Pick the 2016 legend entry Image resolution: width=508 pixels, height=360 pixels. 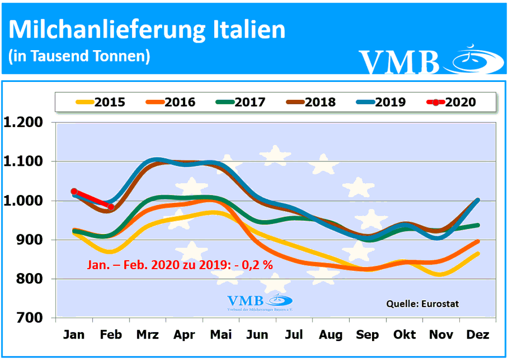point(171,102)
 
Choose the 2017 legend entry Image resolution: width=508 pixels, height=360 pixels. point(241,102)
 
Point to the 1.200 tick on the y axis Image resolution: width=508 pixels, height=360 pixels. point(28,122)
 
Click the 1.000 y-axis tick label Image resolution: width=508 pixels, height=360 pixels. point(28,201)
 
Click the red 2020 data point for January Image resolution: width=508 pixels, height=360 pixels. point(74,191)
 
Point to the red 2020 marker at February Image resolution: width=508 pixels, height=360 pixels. point(111,207)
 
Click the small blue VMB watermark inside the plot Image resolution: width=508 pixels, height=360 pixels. point(259,301)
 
